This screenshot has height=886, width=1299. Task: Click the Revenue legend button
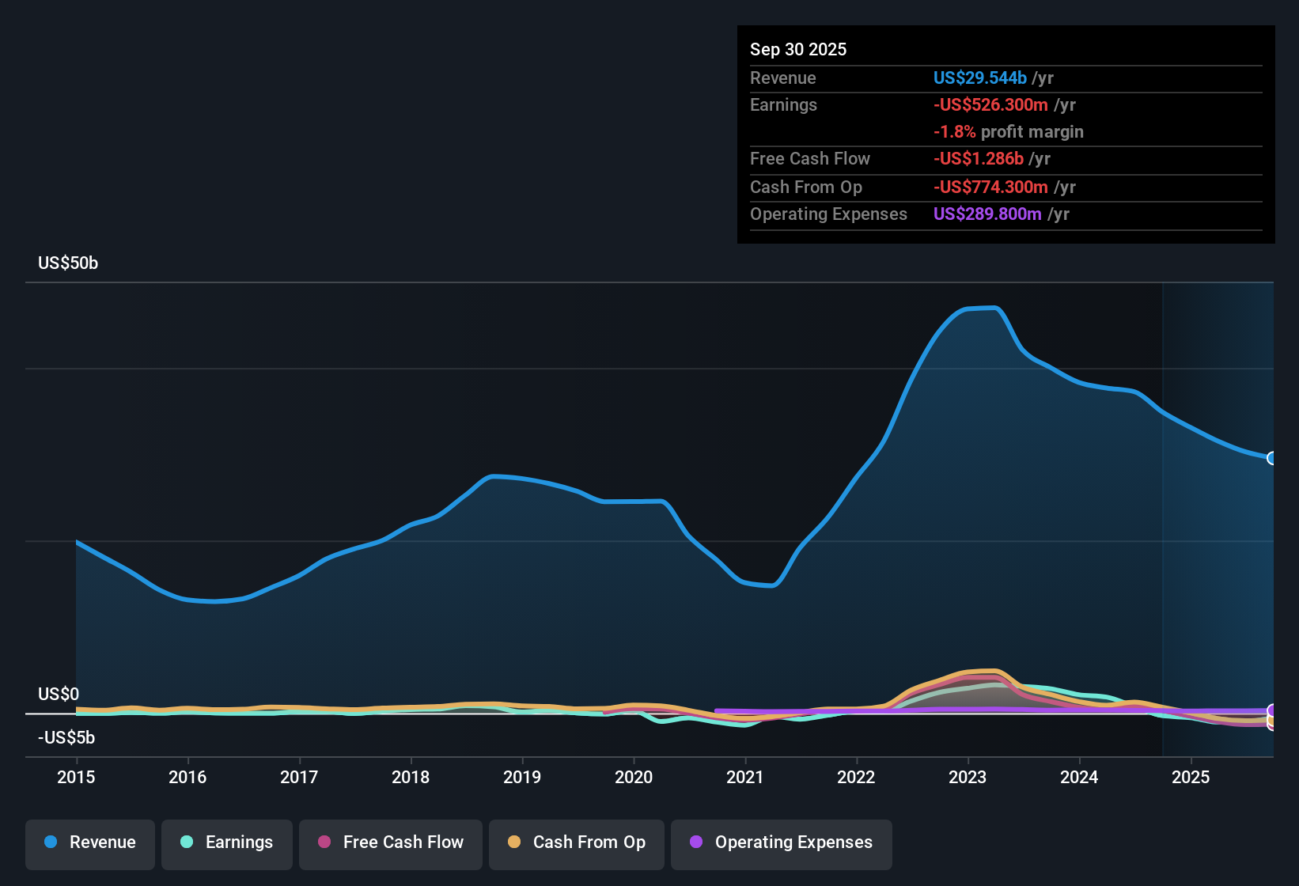tap(90, 842)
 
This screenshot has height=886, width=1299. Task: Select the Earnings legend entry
tap(227, 842)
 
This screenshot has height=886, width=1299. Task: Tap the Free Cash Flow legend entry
tap(391, 842)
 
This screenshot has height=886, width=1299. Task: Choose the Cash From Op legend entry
tap(577, 842)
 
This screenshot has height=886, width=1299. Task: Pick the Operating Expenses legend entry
tap(782, 842)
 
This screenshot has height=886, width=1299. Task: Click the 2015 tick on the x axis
tap(76, 777)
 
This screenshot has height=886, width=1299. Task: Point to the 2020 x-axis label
tap(634, 777)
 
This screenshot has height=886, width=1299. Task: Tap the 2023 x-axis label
tap(968, 777)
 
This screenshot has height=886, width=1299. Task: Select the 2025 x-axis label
tap(1191, 777)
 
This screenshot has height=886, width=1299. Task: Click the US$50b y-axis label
tap(68, 263)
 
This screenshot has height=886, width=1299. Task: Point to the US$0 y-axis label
tap(59, 694)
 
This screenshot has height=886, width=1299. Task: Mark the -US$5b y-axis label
tap(66, 737)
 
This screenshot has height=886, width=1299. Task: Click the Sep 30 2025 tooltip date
tap(798, 49)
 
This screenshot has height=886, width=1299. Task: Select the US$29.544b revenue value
tap(979, 78)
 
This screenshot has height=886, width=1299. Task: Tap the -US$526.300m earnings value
tap(990, 104)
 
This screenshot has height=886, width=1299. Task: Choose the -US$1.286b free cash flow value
tap(978, 158)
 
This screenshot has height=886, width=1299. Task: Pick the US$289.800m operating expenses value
tap(987, 214)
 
